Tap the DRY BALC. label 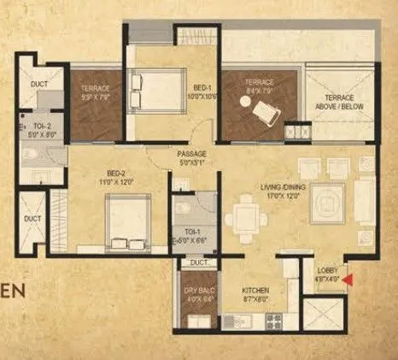point(199,296)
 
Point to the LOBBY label point(327,273)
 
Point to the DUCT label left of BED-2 point(32,219)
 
